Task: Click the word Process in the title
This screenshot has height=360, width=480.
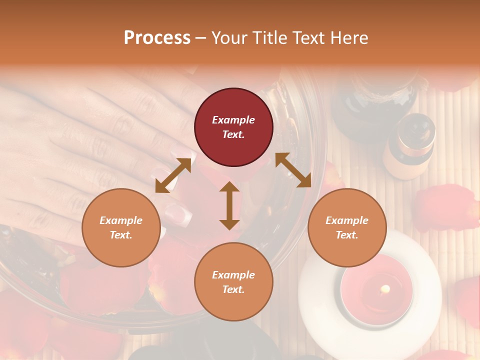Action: [157, 38]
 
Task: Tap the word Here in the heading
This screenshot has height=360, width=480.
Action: [349, 38]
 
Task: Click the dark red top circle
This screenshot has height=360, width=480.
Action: [233, 127]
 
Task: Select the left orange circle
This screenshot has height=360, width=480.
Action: [121, 227]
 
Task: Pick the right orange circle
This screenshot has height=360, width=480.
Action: [347, 227]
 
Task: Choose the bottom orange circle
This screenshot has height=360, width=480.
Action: [233, 282]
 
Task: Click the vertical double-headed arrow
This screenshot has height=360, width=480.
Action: [229, 205]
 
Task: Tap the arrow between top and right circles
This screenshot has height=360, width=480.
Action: [293, 170]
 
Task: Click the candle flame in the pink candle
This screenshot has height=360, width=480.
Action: [385, 289]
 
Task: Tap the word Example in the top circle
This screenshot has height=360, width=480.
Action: [233, 120]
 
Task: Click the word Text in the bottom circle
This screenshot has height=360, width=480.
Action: [233, 289]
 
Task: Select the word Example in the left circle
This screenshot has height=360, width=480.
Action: [121, 220]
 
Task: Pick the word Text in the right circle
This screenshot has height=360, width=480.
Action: [346, 235]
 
